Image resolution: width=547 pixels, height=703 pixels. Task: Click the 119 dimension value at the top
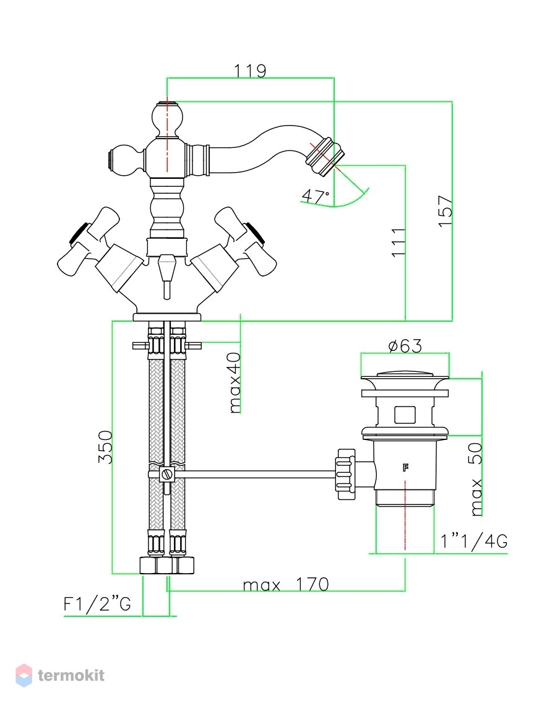click(250, 71)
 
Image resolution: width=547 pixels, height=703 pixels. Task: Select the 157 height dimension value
click(446, 211)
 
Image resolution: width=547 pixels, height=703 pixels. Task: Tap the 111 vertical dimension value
click(398, 243)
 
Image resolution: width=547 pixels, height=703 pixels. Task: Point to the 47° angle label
click(315, 196)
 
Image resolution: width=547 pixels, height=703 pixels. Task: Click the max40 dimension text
click(235, 383)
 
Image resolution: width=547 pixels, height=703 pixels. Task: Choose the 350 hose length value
click(105, 447)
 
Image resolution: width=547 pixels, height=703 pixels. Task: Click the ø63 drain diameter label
click(405, 346)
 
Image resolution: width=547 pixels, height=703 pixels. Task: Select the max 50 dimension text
click(476, 479)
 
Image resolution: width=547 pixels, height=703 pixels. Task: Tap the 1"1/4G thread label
click(474, 541)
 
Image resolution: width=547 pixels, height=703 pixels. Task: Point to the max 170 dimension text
click(286, 584)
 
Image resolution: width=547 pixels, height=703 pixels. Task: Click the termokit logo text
click(71, 675)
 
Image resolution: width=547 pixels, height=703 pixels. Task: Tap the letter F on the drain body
click(405, 468)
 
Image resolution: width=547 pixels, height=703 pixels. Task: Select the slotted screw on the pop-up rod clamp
click(166, 474)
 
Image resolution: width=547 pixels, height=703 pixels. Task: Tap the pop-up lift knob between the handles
click(166, 275)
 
